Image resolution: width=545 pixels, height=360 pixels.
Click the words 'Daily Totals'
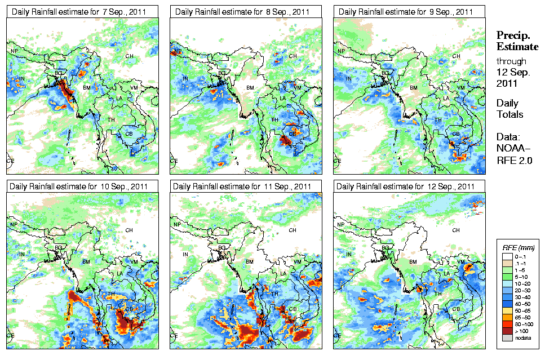(510, 109)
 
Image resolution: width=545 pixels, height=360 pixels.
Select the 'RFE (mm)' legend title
(518, 247)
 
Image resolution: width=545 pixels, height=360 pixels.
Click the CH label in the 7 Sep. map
(130, 56)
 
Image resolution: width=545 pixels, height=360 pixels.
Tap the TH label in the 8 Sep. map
(274, 119)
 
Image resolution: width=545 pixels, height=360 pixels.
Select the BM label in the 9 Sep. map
(414, 88)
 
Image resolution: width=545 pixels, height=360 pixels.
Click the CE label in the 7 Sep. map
(10, 161)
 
